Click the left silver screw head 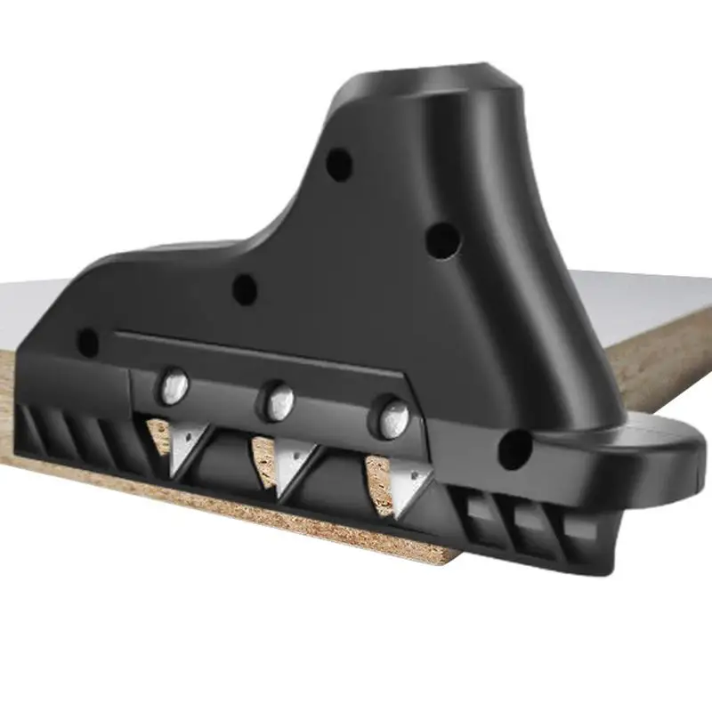point(174,385)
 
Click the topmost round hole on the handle point(338,165)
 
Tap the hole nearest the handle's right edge point(442,238)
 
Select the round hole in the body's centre point(244,289)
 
